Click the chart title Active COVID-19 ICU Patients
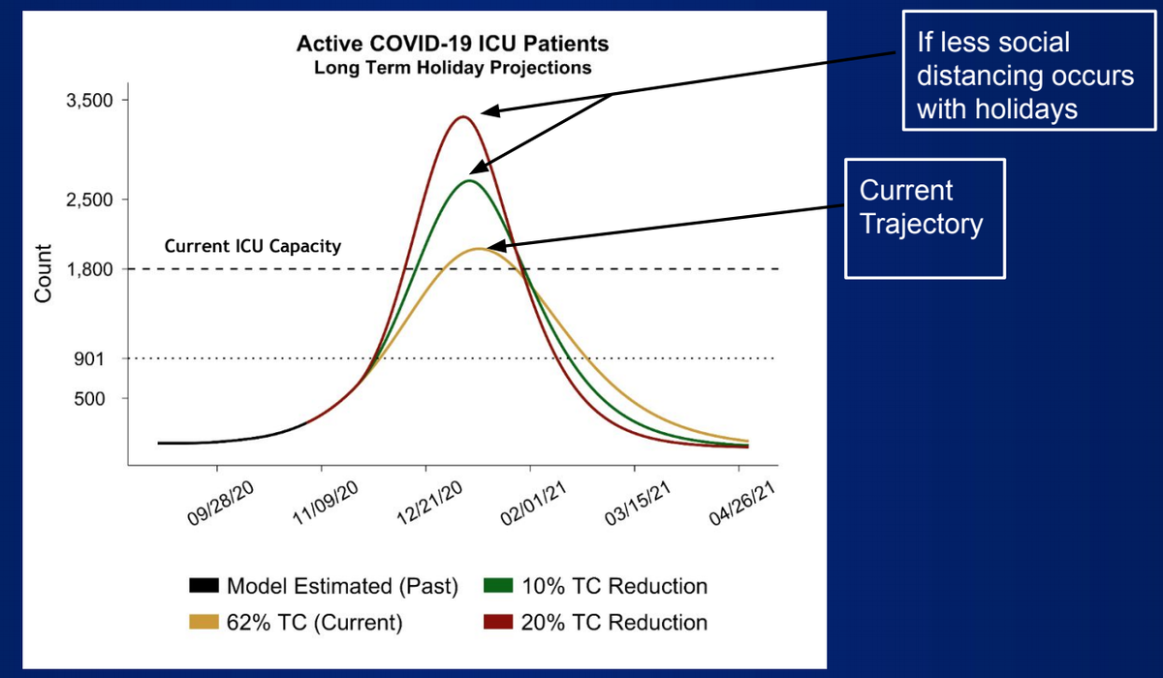point(454,46)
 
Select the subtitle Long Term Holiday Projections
point(454,69)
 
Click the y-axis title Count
point(43,272)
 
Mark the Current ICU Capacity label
point(253,246)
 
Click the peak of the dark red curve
point(462,117)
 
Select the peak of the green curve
point(470,180)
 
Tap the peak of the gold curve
point(480,249)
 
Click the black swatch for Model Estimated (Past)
point(204,587)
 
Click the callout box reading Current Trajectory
point(925,219)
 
